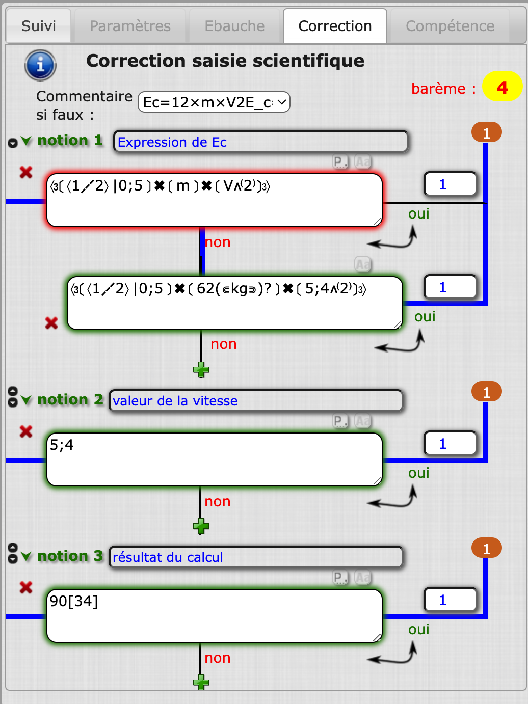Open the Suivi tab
click(39, 26)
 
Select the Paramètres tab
click(130, 26)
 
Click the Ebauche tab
click(234, 26)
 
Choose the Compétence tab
click(450, 26)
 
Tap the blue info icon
click(40, 65)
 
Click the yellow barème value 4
click(502, 87)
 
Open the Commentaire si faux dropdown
click(214, 102)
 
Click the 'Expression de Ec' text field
click(260, 142)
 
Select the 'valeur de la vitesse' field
click(256, 401)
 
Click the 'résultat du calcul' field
click(256, 557)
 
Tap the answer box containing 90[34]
click(214, 616)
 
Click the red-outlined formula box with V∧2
click(214, 200)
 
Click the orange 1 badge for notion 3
click(486, 549)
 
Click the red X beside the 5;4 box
click(26, 432)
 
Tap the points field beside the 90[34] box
click(450, 600)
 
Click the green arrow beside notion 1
click(27, 141)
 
